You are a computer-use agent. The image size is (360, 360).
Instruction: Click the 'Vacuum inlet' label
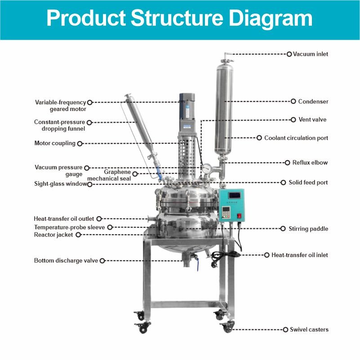311,54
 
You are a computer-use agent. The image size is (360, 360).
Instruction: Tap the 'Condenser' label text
313,102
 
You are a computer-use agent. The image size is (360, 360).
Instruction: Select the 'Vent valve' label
312,120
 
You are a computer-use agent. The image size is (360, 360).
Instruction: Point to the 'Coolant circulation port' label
296,138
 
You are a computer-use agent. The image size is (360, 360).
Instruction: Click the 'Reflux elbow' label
310,163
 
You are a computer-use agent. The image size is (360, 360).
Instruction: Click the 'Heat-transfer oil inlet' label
299,255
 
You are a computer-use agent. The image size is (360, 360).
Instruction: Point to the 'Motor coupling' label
55,143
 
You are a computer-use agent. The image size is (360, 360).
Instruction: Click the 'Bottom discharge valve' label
66,260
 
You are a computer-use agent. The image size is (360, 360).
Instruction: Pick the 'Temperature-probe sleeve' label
70,227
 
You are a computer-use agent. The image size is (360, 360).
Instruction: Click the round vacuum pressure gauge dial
206,169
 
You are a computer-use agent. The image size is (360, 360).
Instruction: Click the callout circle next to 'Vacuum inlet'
289,54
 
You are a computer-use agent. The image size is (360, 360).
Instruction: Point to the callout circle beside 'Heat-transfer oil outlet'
99,219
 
